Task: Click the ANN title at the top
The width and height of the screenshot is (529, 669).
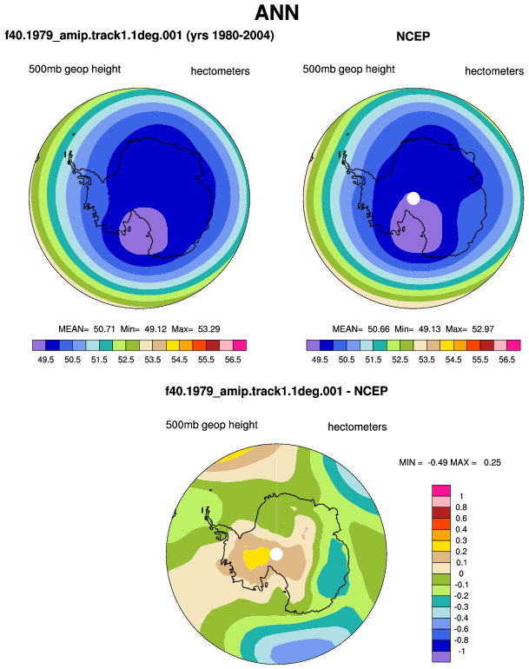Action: coord(277,13)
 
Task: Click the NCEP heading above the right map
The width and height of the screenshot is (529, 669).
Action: coord(413,36)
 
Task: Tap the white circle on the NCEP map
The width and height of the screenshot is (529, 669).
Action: coord(413,198)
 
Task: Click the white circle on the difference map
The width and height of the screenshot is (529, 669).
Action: coord(276,554)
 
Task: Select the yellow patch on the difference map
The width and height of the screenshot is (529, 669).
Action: coord(256,558)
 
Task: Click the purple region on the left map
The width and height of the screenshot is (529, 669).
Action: coord(143,232)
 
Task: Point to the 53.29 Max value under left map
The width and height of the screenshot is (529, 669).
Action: coord(209,329)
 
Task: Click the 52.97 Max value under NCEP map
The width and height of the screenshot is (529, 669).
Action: coord(483,329)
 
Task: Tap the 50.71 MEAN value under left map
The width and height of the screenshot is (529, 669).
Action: coord(104,329)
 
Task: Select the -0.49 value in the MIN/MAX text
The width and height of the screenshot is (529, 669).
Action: coord(437,462)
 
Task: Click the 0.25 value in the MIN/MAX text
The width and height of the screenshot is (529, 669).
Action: coord(493,462)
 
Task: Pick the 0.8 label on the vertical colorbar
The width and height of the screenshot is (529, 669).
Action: coord(461,507)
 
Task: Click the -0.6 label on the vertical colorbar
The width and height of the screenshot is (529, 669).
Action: coord(460,629)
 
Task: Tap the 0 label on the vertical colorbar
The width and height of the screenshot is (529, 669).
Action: coord(461,573)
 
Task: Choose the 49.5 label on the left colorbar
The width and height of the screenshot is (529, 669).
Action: coord(46,360)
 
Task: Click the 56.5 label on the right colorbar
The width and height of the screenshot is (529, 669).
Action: coord(506,360)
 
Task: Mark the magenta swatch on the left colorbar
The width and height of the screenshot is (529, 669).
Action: coord(240,345)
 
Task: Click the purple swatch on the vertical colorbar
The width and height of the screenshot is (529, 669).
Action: coord(441,657)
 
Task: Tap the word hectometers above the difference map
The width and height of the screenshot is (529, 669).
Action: coord(357,427)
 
